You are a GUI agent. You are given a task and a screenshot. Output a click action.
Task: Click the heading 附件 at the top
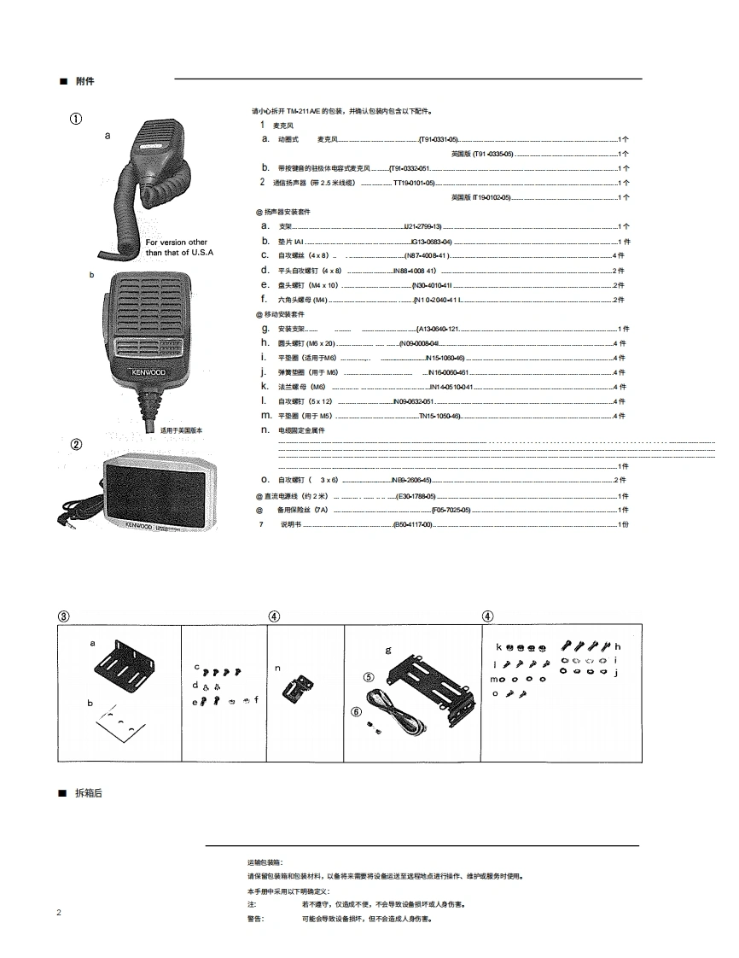point(84,81)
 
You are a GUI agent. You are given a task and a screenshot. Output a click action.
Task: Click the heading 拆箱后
point(88,793)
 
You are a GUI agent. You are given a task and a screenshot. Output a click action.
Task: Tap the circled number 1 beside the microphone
point(76,119)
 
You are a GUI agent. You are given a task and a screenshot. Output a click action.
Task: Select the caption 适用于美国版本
point(183,430)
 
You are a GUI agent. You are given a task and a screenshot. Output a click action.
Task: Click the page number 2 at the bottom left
point(59,913)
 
